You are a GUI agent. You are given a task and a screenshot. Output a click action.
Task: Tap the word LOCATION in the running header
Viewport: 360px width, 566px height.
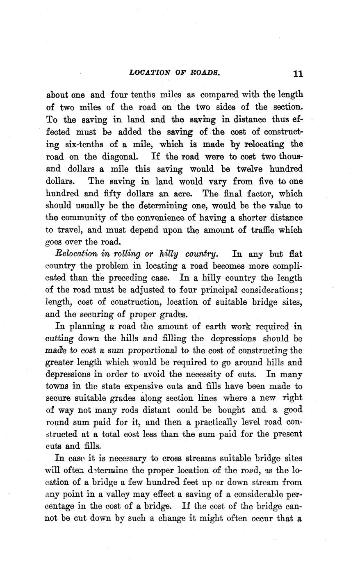pyautogui.click(x=149, y=73)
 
